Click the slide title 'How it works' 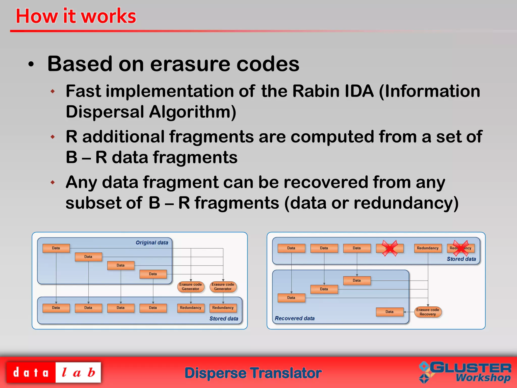(x=76, y=16)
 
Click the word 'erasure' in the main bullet (x=191, y=64)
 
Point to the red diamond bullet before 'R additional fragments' (x=53, y=137)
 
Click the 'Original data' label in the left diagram (x=152, y=243)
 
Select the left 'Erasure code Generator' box (x=191, y=287)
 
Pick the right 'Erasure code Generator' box (x=223, y=287)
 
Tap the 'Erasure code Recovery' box (x=428, y=312)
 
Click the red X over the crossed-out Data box (x=390, y=248)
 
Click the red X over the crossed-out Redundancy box (x=461, y=248)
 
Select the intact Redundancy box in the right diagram (x=428, y=248)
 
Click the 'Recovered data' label (x=295, y=318)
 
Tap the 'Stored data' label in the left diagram (x=224, y=319)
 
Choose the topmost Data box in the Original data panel (x=56, y=248)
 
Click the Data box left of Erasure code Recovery (x=389, y=312)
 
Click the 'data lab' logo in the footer (x=54, y=373)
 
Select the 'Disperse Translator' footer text (x=253, y=373)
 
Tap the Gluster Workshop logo (x=465, y=372)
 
